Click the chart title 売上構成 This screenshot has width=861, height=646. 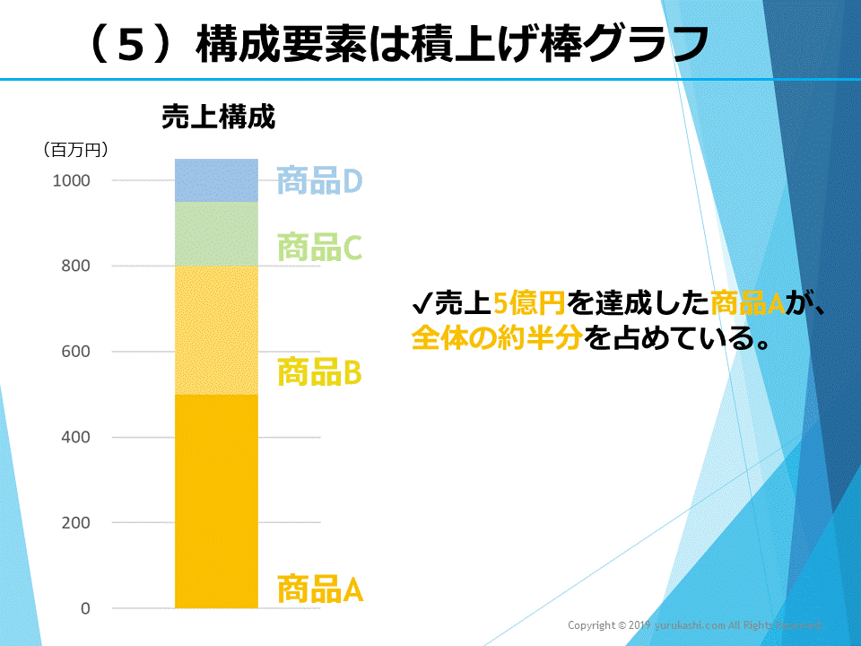tap(218, 118)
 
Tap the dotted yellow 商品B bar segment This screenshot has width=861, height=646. tap(216, 330)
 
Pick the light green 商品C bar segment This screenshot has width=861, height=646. tap(216, 234)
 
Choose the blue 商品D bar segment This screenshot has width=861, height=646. tap(216, 180)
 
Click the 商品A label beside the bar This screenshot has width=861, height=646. tap(319, 589)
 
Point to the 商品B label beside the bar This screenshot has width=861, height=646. tap(319, 371)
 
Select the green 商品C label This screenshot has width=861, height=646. tap(319, 247)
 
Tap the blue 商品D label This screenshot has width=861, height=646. tap(319, 181)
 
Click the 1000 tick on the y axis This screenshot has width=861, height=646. tap(72, 180)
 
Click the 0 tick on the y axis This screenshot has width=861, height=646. tap(86, 608)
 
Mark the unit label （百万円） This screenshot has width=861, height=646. tap(75, 150)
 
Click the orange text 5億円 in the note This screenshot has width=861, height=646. tap(529, 304)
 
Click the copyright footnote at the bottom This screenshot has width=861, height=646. tap(694, 624)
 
